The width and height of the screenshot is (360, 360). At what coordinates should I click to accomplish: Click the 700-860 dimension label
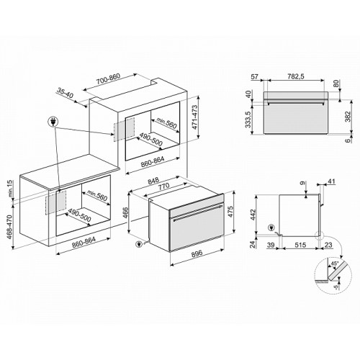point(108,78)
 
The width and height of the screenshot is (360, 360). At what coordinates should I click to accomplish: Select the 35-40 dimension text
point(66,93)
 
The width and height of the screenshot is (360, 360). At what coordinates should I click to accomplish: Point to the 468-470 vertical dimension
point(10,227)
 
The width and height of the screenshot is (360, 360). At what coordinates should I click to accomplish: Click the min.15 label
point(9,189)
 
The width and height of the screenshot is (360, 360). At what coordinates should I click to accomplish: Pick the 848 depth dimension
point(153,181)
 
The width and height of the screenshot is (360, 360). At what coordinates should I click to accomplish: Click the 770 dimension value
point(163,186)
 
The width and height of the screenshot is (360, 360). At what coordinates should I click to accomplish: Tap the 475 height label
point(230,212)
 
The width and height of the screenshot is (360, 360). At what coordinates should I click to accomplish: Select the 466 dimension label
point(125,212)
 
